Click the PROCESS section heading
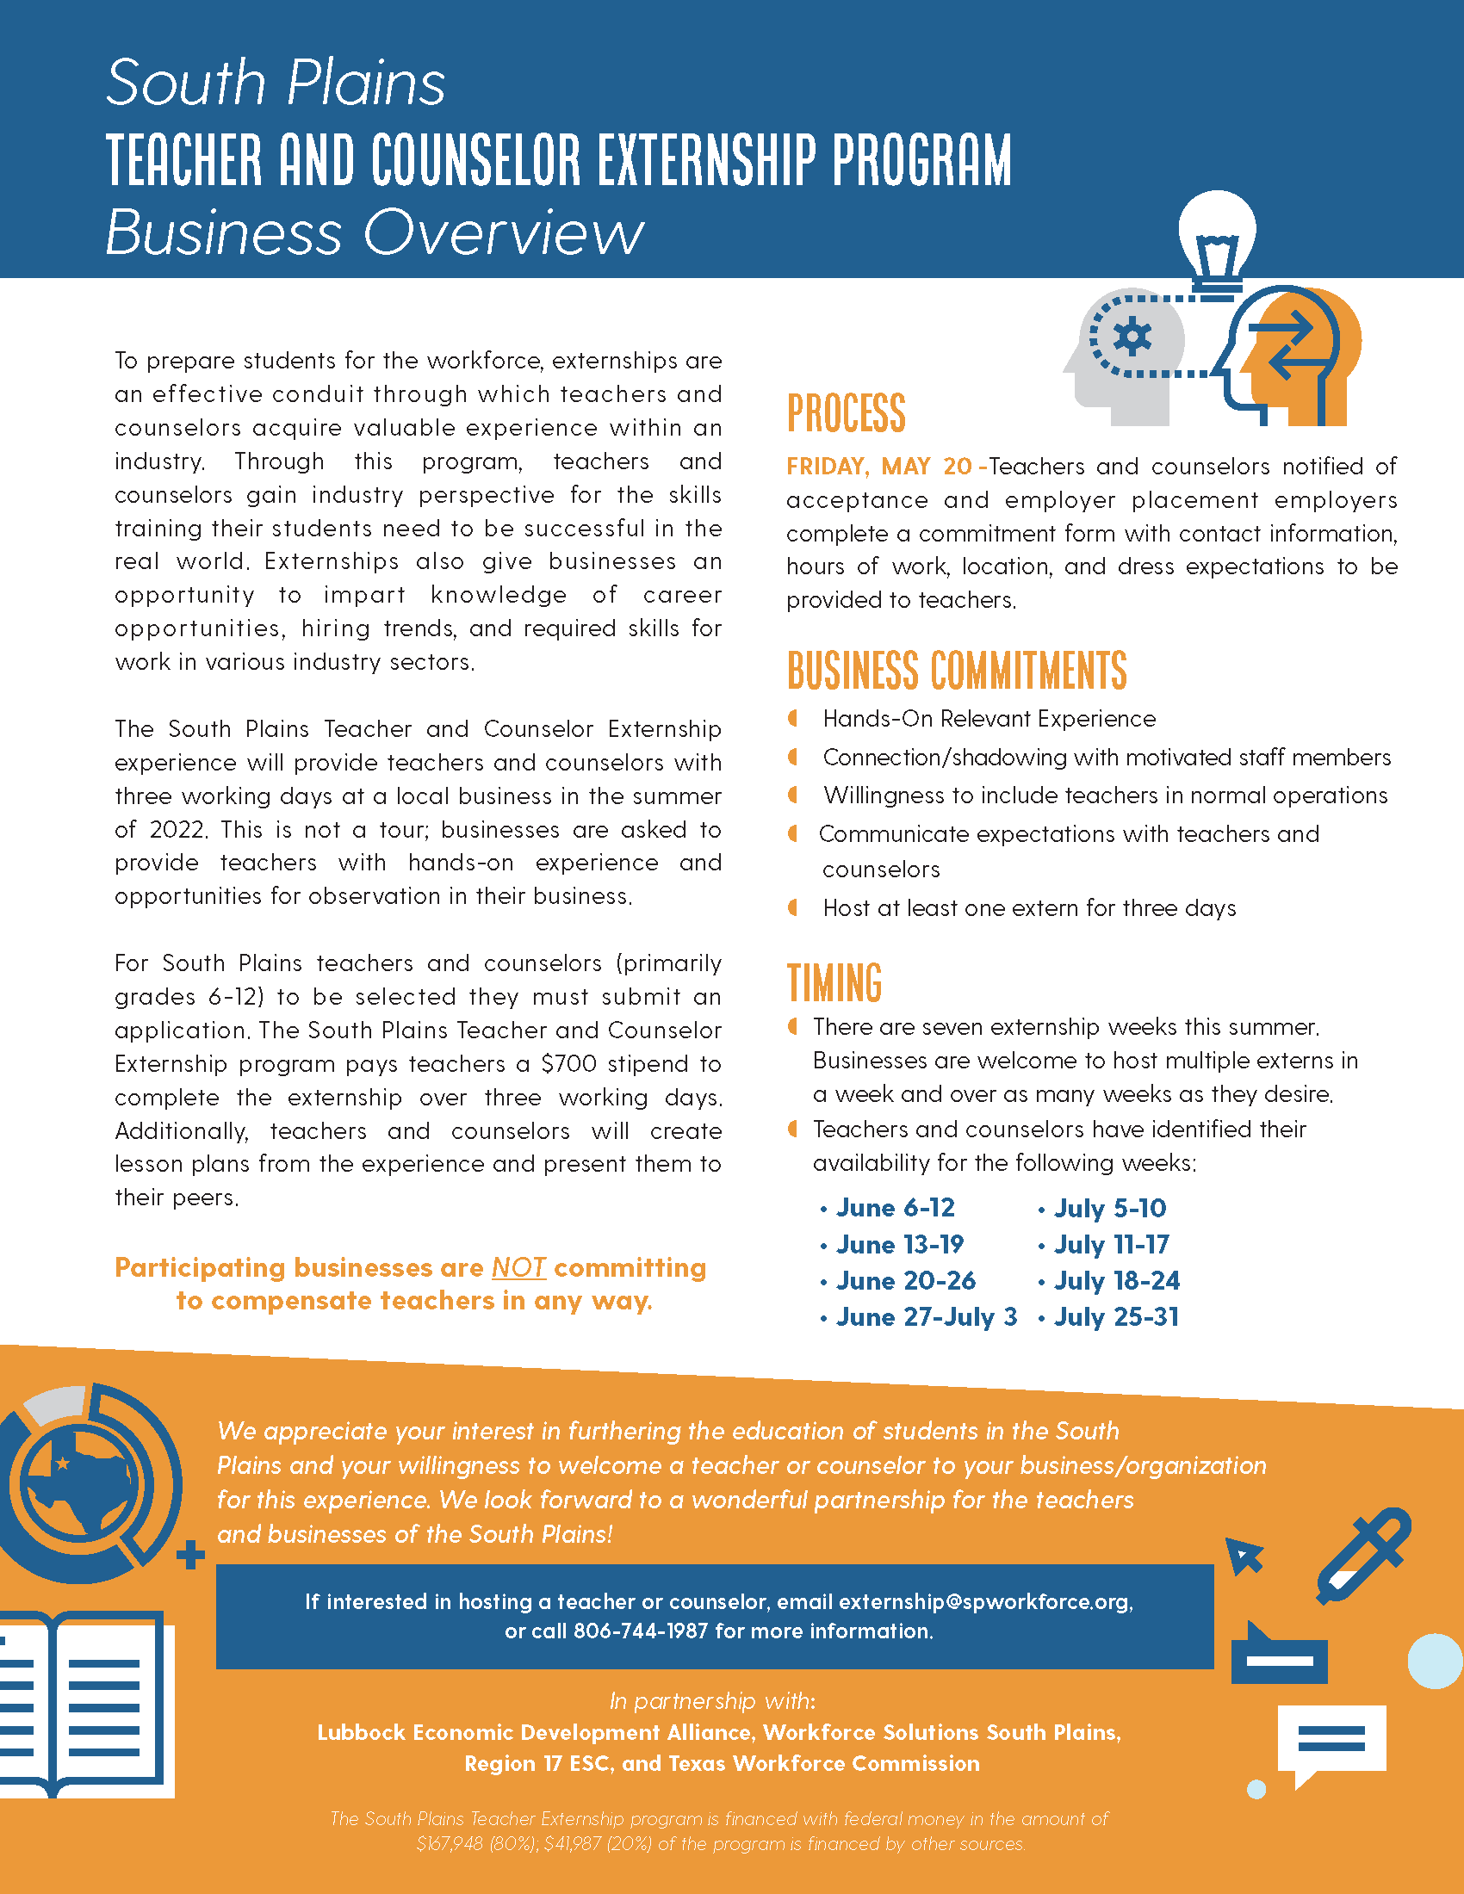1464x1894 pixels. pyautogui.click(x=846, y=412)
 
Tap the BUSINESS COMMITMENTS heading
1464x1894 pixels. pyautogui.click(x=957, y=672)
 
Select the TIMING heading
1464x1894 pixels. pyautogui.click(x=834, y=982)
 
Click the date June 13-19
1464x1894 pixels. pyautogui.click(x=899, y=1245)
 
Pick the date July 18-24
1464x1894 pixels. pyautogui.click(x=1116, y=1281)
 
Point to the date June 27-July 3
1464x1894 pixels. pyautogui.click(x=927, y=1317)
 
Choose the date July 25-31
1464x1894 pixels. pyautogui.click(x=1116, y=1317)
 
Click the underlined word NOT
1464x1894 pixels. pyautogui.click(x=518, y=1268)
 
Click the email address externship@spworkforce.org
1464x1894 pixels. pyautogui.click(x=984, y=1602)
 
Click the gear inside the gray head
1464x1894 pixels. pyautogui.click(x=1132, y=337)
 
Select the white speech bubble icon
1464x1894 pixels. pyautogui.click(x=1331, y=1742)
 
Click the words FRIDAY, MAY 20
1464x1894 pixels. pyautogui.click(x=878, y=467)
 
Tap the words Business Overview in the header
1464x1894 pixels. pyautogui.click(x=374, y=232)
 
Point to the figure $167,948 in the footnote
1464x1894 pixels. pyautogui.click(x=450, y=1844)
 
